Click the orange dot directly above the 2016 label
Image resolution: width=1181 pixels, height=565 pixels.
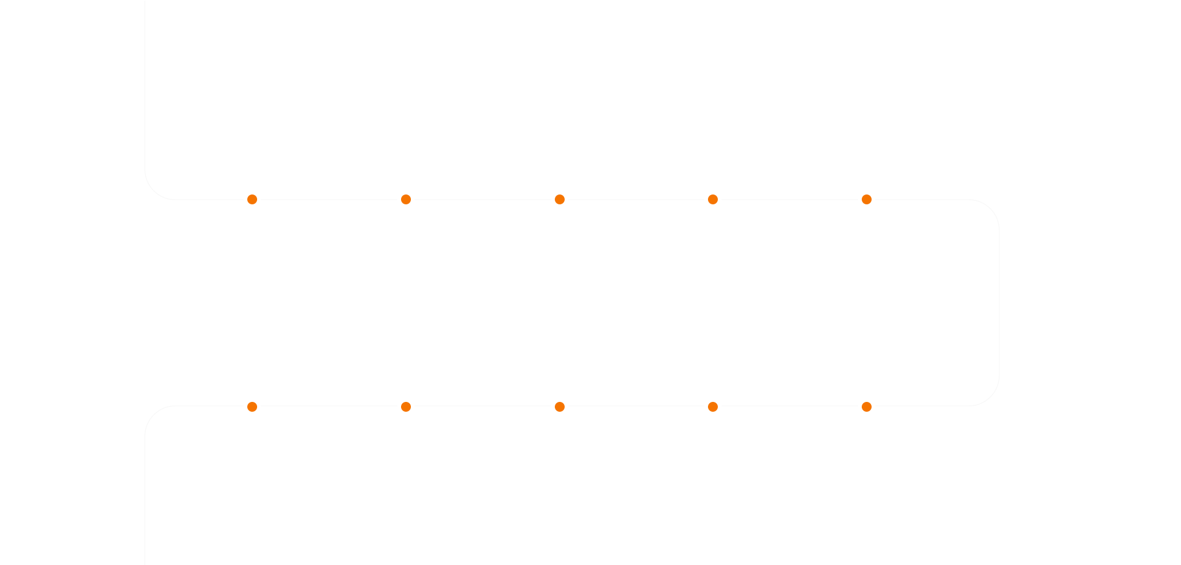pos(252,407)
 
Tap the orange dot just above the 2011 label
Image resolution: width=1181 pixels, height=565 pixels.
pos(252,199)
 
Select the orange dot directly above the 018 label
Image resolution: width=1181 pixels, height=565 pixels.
pos(560,407)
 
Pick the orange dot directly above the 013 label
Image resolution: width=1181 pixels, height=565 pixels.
pos(560,199)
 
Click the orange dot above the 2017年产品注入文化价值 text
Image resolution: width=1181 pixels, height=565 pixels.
pos(406,407)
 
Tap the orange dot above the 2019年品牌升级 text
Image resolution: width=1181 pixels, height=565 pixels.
pos(713,407)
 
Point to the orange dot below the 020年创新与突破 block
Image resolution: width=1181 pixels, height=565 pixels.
pos(867,407)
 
